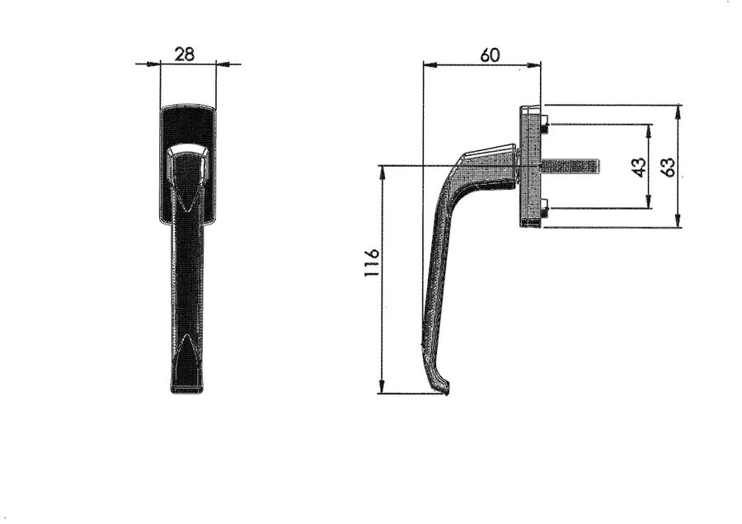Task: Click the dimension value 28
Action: tap(184, 54)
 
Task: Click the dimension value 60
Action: tap(490, 55)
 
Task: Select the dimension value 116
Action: tap(372, 262)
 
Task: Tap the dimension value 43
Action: tap(639, 167)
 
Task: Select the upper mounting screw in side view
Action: tap(544, 123)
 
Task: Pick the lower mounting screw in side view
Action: tap(544, 209)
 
